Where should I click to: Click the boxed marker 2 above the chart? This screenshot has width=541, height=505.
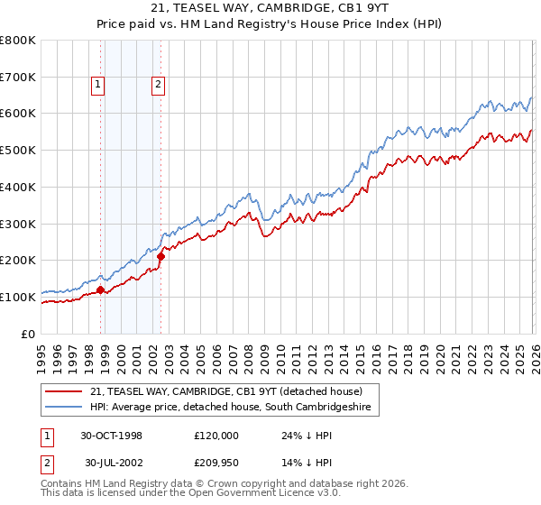tap(158, 86)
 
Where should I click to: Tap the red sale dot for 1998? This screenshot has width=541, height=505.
tap(101, 289)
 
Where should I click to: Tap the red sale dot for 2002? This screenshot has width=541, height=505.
tap(160, 257)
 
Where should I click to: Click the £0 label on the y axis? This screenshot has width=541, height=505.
tap(29, 334)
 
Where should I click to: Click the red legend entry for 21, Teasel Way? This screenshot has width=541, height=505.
tap(225, 391)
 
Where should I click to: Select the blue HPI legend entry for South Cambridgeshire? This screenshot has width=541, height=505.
tap(231, 408)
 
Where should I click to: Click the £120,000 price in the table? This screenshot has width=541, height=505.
tap(215, 435)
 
